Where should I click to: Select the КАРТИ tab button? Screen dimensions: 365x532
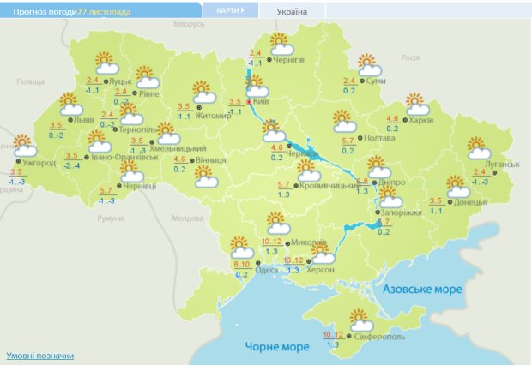pyautogui.click(x=229, y=11)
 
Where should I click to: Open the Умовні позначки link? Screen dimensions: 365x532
pyautogui.click(x=39, y=355)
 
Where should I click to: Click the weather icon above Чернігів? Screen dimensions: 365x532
pyautogui.click(x=280, y=42)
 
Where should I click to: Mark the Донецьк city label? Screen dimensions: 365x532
pyautogui.click(x=470, y=202)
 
